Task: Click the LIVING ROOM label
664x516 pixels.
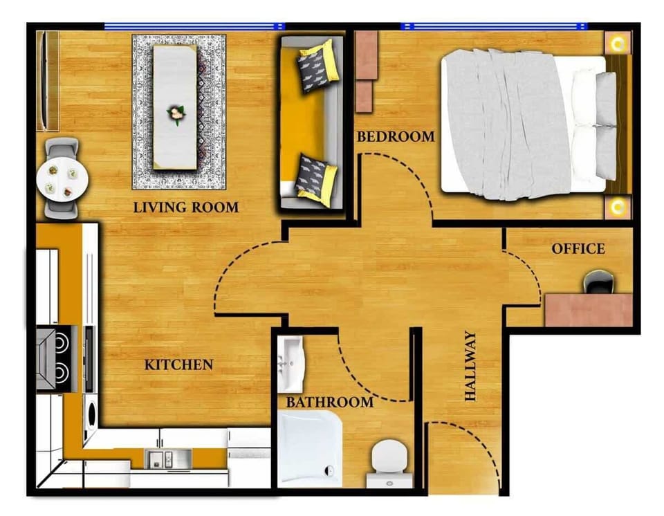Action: (x=185, y=207)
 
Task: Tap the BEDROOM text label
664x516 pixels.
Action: (x=396, y=137)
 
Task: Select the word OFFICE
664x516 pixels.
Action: (x=578, y=249)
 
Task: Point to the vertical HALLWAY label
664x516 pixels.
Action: (x=471, y=367)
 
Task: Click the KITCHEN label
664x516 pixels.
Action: (x=178, y=365)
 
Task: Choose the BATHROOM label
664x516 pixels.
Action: (x=330, y=402)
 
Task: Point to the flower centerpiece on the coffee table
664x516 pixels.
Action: (x=176, y=113)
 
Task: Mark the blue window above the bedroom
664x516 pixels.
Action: (x=495, y=27)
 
